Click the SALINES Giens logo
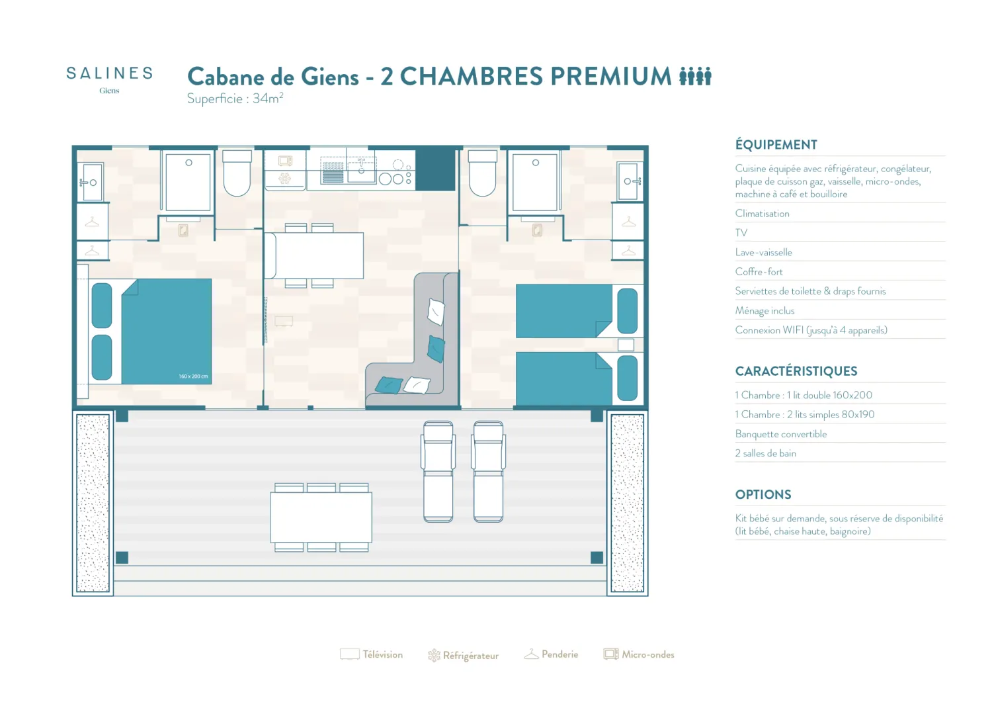coord(109,80)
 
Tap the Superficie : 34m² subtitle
coord(235,99)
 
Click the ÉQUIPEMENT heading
coord(776,144)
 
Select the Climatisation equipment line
coord(762,214)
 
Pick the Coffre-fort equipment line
coord(759,272)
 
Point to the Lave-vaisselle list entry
coord(763,252)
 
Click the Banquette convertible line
coord(781,434)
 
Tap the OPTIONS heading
coord(763,494)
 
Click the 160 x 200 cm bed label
coord(193,376)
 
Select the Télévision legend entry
coord(371,654)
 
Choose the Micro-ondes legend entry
coord(639,654)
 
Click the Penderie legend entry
coord(551,654)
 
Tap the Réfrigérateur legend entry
coord(463,656)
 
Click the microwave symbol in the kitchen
coord(285,160)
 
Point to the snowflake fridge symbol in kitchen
coord(284,179)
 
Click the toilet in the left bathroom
coord(237,173)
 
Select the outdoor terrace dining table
coord(321,517)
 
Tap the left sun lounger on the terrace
coord(438,472)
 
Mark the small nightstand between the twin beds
coord(626,345)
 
